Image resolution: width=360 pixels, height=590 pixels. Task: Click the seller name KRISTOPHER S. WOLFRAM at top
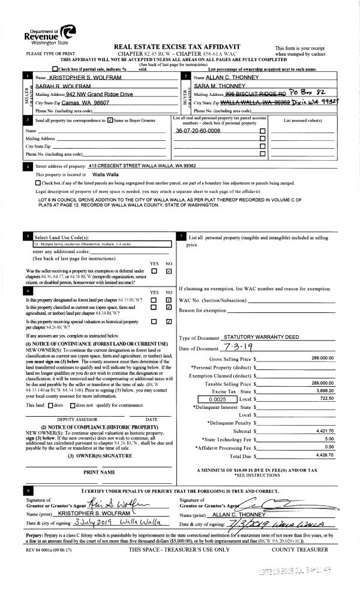pos(67,79)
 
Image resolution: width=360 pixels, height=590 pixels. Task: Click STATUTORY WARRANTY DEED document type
pos(260,338)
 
